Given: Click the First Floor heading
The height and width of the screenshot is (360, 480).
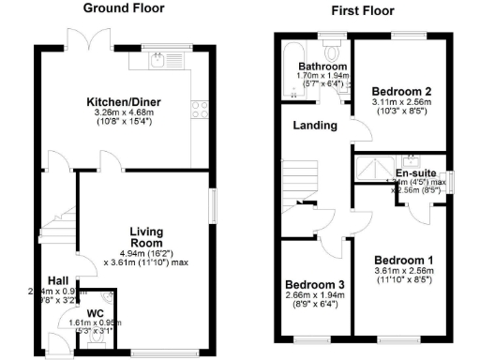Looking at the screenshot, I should click(362, 11).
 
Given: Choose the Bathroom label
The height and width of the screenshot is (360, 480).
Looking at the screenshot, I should click(322, 67).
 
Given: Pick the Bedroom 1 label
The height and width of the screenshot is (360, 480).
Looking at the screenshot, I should click(404, 260).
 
